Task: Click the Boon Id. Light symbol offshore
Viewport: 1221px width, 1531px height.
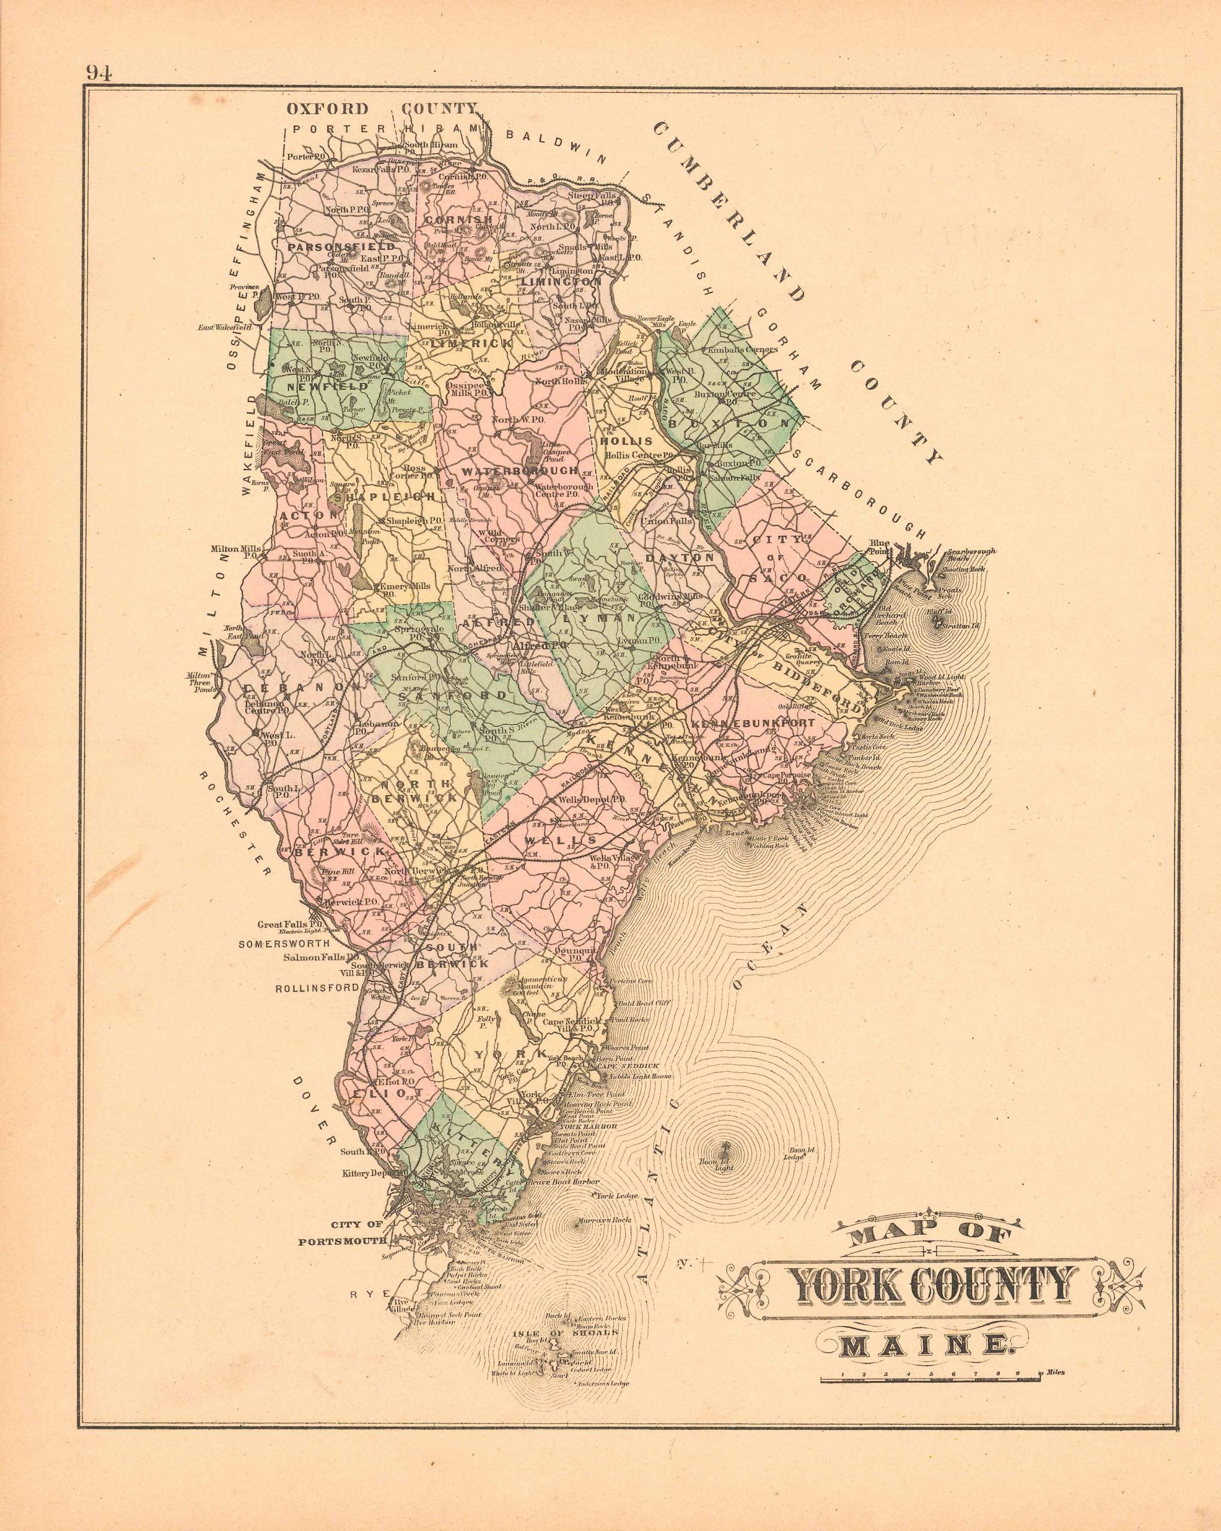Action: [724, 1148]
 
